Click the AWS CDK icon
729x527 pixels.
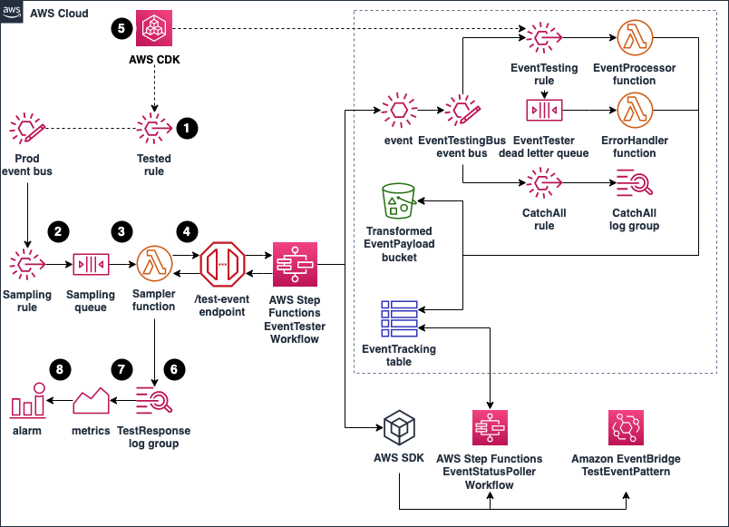click(154, 28)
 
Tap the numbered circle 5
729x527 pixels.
click(121, 28)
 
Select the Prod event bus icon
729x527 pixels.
click(27, 128)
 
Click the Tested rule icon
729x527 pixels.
click(154, 128)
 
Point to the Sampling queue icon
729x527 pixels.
click(91, 264)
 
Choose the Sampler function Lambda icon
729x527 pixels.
click(154, 264)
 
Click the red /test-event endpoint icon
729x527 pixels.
click(222, 264)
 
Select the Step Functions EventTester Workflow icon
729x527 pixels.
click(295, 264)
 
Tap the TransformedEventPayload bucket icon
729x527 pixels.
click(398, 201)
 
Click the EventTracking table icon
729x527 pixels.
click(399, 318)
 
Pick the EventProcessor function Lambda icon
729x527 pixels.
click(635, 38)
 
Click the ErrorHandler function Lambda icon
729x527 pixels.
click(635, 111)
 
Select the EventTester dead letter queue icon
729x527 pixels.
click(544, 111)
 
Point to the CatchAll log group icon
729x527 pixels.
click(635, 183)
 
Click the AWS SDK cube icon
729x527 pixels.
click(399, 427)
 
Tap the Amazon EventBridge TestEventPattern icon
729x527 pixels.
click(626, 427)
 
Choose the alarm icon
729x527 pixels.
click(27, 399)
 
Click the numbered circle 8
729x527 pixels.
click(60, 369)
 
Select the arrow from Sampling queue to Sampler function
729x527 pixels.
click(122, 264)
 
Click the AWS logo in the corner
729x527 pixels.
click(11, 11)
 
